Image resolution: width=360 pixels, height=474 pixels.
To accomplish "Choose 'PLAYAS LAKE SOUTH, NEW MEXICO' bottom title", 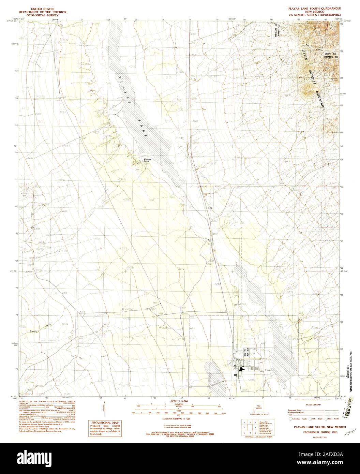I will click(311, 427).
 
